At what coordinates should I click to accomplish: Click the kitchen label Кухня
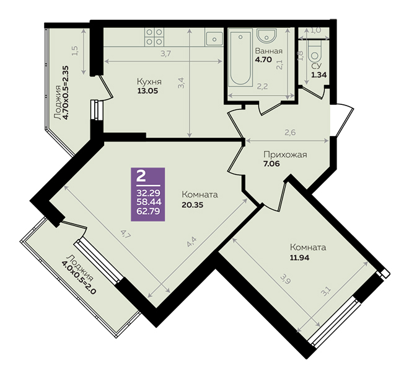(x=149, y=82)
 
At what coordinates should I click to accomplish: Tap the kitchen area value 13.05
(x=148, y=91)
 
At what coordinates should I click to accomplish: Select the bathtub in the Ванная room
(x=240, y=58)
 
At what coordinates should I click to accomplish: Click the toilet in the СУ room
(x=315, y=52)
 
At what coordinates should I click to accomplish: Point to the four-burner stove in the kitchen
(x=154, y=37)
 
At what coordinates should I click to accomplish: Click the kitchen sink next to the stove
(x=214, y=39)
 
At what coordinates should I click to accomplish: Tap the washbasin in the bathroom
(x=266, y=35)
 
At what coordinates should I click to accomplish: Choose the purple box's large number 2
(x=141, y=176)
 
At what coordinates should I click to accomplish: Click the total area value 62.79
(x=149, y=211)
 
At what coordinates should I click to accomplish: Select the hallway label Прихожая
(x=285, y=155)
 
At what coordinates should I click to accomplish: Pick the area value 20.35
(x=192, y=205)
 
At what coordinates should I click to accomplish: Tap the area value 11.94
(x=299, y=258)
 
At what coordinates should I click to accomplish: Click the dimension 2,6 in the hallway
(x=290, y=133)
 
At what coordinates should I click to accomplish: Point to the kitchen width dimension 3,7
(x=165, y=54)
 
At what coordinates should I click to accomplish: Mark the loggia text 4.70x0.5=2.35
(x=66, y=92)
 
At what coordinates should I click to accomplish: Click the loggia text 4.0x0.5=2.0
(x=79, y=277)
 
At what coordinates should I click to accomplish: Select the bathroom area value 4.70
(x=263, y=60)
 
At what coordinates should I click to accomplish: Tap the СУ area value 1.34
(x=319, y=75)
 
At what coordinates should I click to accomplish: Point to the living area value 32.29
(x=149, y=193)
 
